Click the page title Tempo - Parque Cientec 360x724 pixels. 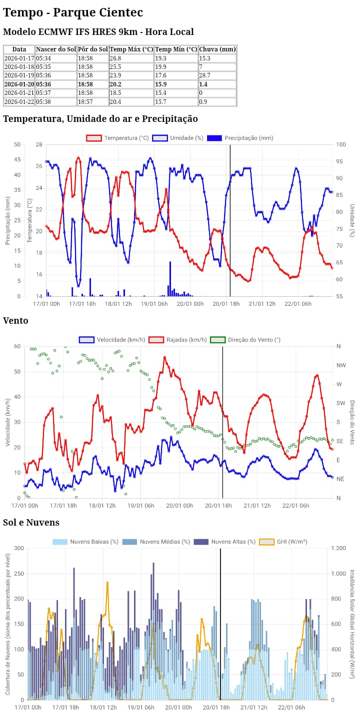point(73,12)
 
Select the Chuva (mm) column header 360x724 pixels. point(217,49)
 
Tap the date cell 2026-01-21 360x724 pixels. point(19,93)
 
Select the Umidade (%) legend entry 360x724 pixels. point(177,138)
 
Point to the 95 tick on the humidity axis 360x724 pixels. point(339,161)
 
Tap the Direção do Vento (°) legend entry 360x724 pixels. point(245,340)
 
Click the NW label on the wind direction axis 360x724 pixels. point(341,365)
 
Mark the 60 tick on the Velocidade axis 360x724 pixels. point(17,346)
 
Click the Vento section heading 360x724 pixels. point(15,321)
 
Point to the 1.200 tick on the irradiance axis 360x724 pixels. point(338,548)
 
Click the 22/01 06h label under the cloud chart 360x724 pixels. point(291,708)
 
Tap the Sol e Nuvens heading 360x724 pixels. point(31,523)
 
